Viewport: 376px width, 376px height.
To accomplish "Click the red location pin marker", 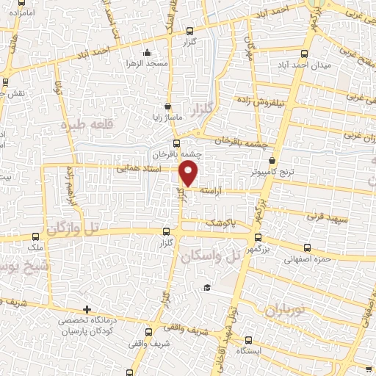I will [189, 173].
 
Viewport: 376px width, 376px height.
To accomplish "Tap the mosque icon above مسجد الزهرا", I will [148, 52].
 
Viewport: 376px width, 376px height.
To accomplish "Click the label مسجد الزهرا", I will [148, 64].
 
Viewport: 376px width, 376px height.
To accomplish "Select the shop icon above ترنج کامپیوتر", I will [272, 159].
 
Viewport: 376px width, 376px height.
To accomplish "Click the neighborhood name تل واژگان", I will [71, 230].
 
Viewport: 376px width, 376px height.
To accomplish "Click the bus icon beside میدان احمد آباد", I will [305, 54].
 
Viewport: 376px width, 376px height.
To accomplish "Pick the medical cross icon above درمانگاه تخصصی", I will [87, 309].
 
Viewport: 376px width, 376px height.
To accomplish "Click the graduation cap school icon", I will [208, 286].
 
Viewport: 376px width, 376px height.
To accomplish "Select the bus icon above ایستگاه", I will [248, 339].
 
